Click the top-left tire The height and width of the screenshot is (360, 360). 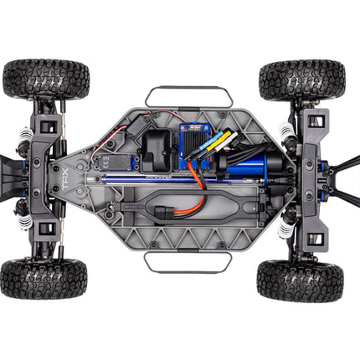coord(45,80)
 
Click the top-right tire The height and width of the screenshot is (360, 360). coord(301,80)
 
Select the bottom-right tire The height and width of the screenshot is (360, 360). coord(300,280)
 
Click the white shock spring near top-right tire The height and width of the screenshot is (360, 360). coord(290,131)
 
